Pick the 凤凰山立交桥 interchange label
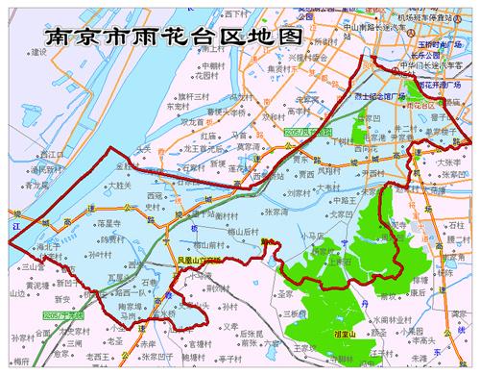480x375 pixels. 198,260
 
